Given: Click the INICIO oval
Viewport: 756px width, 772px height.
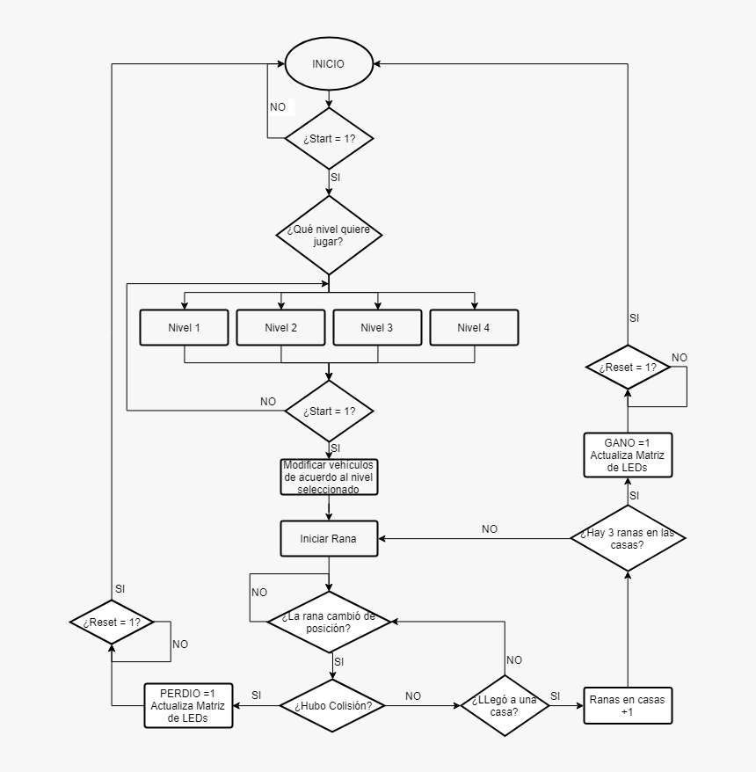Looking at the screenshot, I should coord(329,64).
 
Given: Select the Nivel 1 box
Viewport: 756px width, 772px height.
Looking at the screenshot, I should coord(185,328).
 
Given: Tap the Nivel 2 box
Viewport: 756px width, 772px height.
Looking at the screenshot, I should coord(281,328).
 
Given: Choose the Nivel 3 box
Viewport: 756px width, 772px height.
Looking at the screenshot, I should coord(377,328).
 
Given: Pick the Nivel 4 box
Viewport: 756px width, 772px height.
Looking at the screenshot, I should coord(474,328).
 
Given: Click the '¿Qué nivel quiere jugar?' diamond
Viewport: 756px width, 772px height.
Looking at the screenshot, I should coord(329,235).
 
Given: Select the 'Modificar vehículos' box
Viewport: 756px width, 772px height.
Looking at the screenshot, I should coord(329,477).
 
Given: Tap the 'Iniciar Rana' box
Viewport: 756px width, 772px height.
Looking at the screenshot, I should coord(329,539).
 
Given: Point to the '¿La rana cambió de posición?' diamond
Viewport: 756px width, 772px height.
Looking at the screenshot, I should coord(329,622).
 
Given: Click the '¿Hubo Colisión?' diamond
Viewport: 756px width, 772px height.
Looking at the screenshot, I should coord(332,705).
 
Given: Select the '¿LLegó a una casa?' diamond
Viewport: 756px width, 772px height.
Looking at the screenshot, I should coord(505,705).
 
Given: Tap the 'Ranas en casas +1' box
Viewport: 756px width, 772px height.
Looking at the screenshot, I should coord(629,705).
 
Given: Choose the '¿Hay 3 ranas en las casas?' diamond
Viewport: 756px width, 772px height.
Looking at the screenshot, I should coord(628,537).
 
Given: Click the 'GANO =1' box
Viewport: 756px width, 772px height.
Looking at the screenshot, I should coord(628,455).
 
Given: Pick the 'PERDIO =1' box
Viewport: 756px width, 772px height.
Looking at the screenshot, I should coord(188,705).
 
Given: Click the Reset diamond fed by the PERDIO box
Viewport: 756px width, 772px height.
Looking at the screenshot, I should coord(112,622).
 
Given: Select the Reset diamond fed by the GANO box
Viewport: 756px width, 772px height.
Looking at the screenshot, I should coord(628,367).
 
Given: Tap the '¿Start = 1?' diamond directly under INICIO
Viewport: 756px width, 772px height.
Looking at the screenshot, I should coord(329,139).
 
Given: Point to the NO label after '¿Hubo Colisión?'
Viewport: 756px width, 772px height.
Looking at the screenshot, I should coord(413,696).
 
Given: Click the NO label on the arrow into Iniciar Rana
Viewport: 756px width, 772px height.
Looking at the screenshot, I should coord(490,529).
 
